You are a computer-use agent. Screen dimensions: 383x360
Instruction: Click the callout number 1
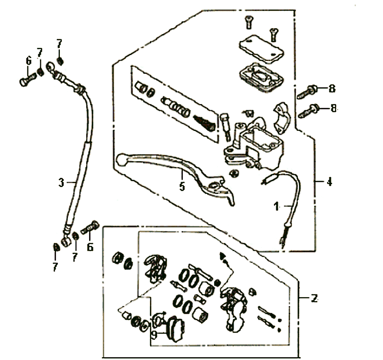276,207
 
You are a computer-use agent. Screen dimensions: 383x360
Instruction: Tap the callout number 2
314,298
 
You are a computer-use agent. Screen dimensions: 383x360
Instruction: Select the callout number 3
61,183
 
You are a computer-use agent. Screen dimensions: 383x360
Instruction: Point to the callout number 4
329,182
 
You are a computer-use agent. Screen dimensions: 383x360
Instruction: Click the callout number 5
182,186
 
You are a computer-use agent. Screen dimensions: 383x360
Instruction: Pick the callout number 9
154,335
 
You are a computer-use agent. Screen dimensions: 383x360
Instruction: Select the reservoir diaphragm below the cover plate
261,77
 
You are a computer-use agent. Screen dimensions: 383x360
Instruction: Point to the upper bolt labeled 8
307,92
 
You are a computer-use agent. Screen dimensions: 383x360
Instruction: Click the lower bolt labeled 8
308,111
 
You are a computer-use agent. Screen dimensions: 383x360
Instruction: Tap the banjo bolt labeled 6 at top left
27,79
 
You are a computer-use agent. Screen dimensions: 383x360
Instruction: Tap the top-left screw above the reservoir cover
249,22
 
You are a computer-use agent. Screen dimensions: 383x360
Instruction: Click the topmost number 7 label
59,44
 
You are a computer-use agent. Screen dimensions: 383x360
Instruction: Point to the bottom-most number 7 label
55,267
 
